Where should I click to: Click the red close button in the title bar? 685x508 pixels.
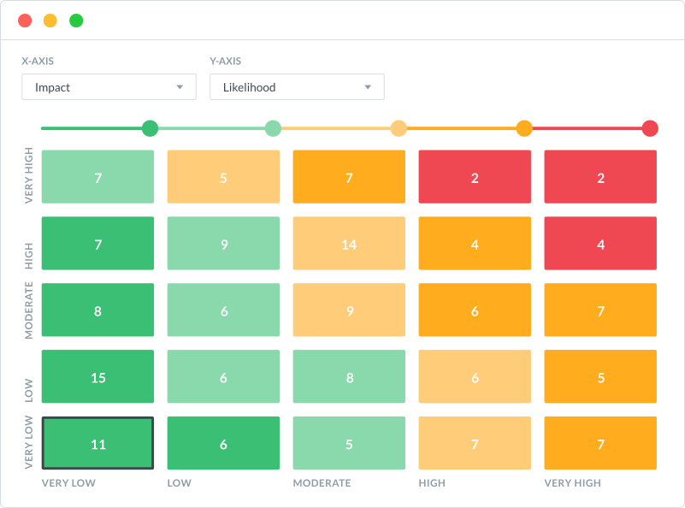25,21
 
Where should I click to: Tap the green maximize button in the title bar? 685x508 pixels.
76,21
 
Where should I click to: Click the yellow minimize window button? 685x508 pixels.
50,21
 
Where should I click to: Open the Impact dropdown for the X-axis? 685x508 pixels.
109,87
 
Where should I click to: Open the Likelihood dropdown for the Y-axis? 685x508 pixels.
297,87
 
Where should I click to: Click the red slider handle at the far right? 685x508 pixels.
650,129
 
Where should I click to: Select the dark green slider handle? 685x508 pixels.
150,129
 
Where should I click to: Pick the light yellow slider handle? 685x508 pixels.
399,129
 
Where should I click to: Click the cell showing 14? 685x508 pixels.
349,245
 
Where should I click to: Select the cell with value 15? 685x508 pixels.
97,377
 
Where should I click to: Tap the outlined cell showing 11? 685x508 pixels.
97,444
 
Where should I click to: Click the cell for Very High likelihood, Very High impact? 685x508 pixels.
600,178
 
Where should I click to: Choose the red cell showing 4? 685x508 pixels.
600,245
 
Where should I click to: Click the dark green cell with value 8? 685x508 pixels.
97,311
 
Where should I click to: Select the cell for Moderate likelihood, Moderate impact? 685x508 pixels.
349,311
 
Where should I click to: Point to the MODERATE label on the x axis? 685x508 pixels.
322,483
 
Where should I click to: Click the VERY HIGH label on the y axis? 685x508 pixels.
29,176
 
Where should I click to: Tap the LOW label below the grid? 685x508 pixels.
179,483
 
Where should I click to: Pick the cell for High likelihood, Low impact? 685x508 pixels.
223,245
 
